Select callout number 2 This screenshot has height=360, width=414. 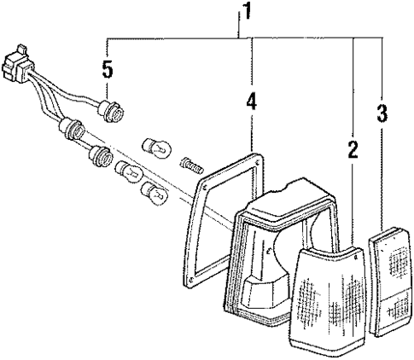click(353, 150)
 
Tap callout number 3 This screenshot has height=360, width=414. click(382, 113)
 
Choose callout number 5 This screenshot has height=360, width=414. click(108, 69)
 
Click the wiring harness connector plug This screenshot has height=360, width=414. click(15, 64)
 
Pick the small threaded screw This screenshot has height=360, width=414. click(192, 165)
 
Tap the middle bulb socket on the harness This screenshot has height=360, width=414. click(72, 130)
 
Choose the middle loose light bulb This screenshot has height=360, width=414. click(128, 172)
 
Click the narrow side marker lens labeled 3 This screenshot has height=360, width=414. click(390, 282)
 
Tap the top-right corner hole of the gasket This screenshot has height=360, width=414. click(258, 163)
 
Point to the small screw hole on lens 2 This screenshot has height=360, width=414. click(356, 258)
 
